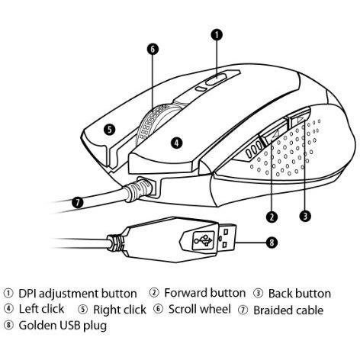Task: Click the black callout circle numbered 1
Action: pos(217,35)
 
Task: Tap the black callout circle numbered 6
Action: pos(153,49)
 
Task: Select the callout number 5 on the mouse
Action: pos(110,130)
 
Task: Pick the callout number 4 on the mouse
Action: pos(177,143)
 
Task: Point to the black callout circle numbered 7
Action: pos(78,203)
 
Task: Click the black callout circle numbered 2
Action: pos(272,217)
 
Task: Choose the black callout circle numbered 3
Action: pos(305,217)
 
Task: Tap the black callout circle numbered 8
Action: pos(272,243)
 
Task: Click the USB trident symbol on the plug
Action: pos(203,240)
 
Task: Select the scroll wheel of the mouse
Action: pos(153,122)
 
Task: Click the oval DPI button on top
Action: pos(216,79)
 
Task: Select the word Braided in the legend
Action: pos(272,310)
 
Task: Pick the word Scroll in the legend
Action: pos(182,310)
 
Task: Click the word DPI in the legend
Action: pos(27,294)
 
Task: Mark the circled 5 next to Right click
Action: pos(83,310)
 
